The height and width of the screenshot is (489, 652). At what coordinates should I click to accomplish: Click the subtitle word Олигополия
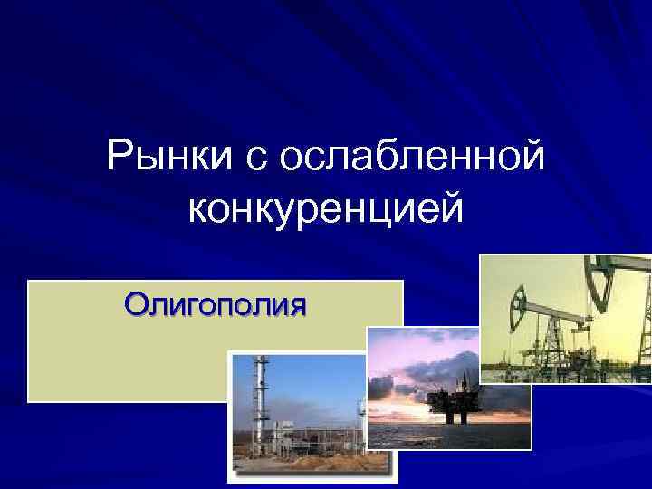[216, 302]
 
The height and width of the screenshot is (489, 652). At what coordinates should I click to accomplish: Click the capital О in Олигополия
[136, 302]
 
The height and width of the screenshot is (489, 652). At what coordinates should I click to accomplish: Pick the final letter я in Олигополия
[296, 304]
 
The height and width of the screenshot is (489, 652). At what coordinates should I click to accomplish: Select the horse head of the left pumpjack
[519, 300]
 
